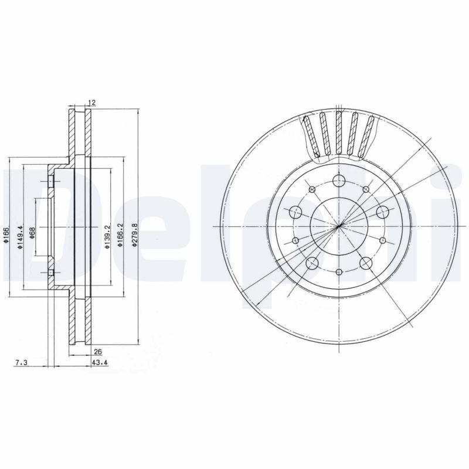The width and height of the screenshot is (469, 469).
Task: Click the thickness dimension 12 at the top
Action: pos(91,103)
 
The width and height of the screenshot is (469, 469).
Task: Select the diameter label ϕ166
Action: pos(6,238)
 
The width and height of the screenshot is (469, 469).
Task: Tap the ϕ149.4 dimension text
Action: pos(21,238)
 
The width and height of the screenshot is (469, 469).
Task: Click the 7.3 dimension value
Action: pos(21,363)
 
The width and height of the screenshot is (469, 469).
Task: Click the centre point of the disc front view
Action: pos(339,226)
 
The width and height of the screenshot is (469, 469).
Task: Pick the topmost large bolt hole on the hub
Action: pos(339,181)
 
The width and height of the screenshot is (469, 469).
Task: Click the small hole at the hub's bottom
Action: pos(339,271)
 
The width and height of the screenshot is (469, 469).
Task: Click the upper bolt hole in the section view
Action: pos(51,182)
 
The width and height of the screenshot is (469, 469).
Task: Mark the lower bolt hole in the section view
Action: pos(51,273)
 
